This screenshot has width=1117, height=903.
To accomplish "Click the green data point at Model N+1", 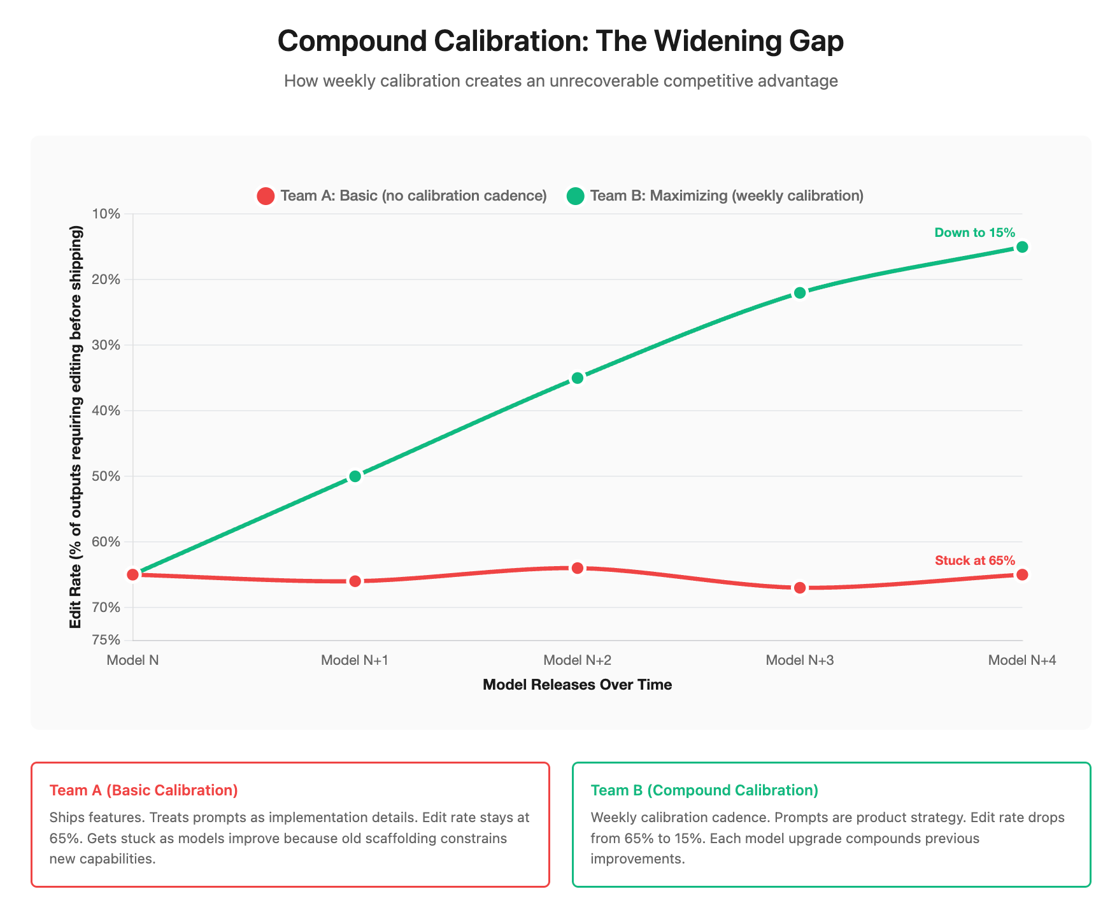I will pos(355,476).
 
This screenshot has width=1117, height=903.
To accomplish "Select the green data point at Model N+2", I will pos(577,378).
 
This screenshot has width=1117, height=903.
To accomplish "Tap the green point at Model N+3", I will pos(800,293).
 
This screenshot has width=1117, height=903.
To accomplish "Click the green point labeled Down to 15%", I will pos(1022,247).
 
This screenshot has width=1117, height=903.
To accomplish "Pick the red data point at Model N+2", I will pos(577,568).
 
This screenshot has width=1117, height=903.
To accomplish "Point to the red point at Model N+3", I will pos(800,588).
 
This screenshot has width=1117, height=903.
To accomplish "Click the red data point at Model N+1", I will pos(355,581).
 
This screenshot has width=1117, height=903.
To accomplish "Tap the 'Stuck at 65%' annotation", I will pos(974,560).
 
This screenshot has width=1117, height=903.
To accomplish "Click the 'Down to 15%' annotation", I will pos(974,232).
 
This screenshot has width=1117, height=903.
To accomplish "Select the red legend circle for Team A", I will pos(266,196).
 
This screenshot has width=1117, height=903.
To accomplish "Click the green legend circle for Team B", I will pos(575,196).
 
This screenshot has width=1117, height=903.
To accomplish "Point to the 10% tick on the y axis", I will pos(106,213).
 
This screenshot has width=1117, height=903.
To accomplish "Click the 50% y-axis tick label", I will pos(106,476).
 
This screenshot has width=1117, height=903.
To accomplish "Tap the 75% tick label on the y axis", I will pos(106,640).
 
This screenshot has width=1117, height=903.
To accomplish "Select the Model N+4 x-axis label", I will pos(1021,660).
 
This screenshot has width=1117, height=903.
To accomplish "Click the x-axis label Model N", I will pos(132,660).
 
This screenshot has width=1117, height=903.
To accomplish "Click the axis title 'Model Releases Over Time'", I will pos(577,685).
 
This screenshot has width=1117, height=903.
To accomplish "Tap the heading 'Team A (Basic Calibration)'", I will pos(143,790).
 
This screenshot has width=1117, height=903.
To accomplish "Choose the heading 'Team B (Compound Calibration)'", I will pos(704,790).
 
